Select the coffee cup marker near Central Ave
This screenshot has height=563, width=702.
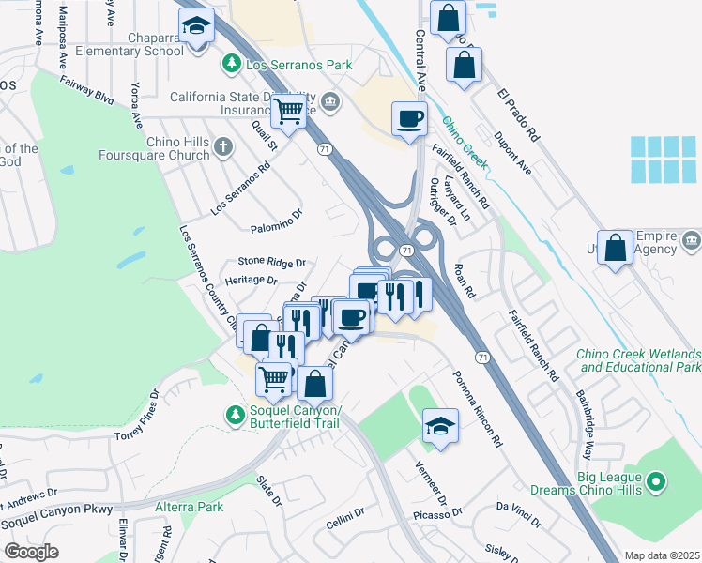[x=408, y=119]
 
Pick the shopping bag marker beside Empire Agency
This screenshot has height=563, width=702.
[x=615, y=249]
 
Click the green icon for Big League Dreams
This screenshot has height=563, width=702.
[x=657, y=483]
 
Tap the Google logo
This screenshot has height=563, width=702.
[x=31, y=551]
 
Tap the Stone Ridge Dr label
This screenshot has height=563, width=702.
[x=272, y=263]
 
